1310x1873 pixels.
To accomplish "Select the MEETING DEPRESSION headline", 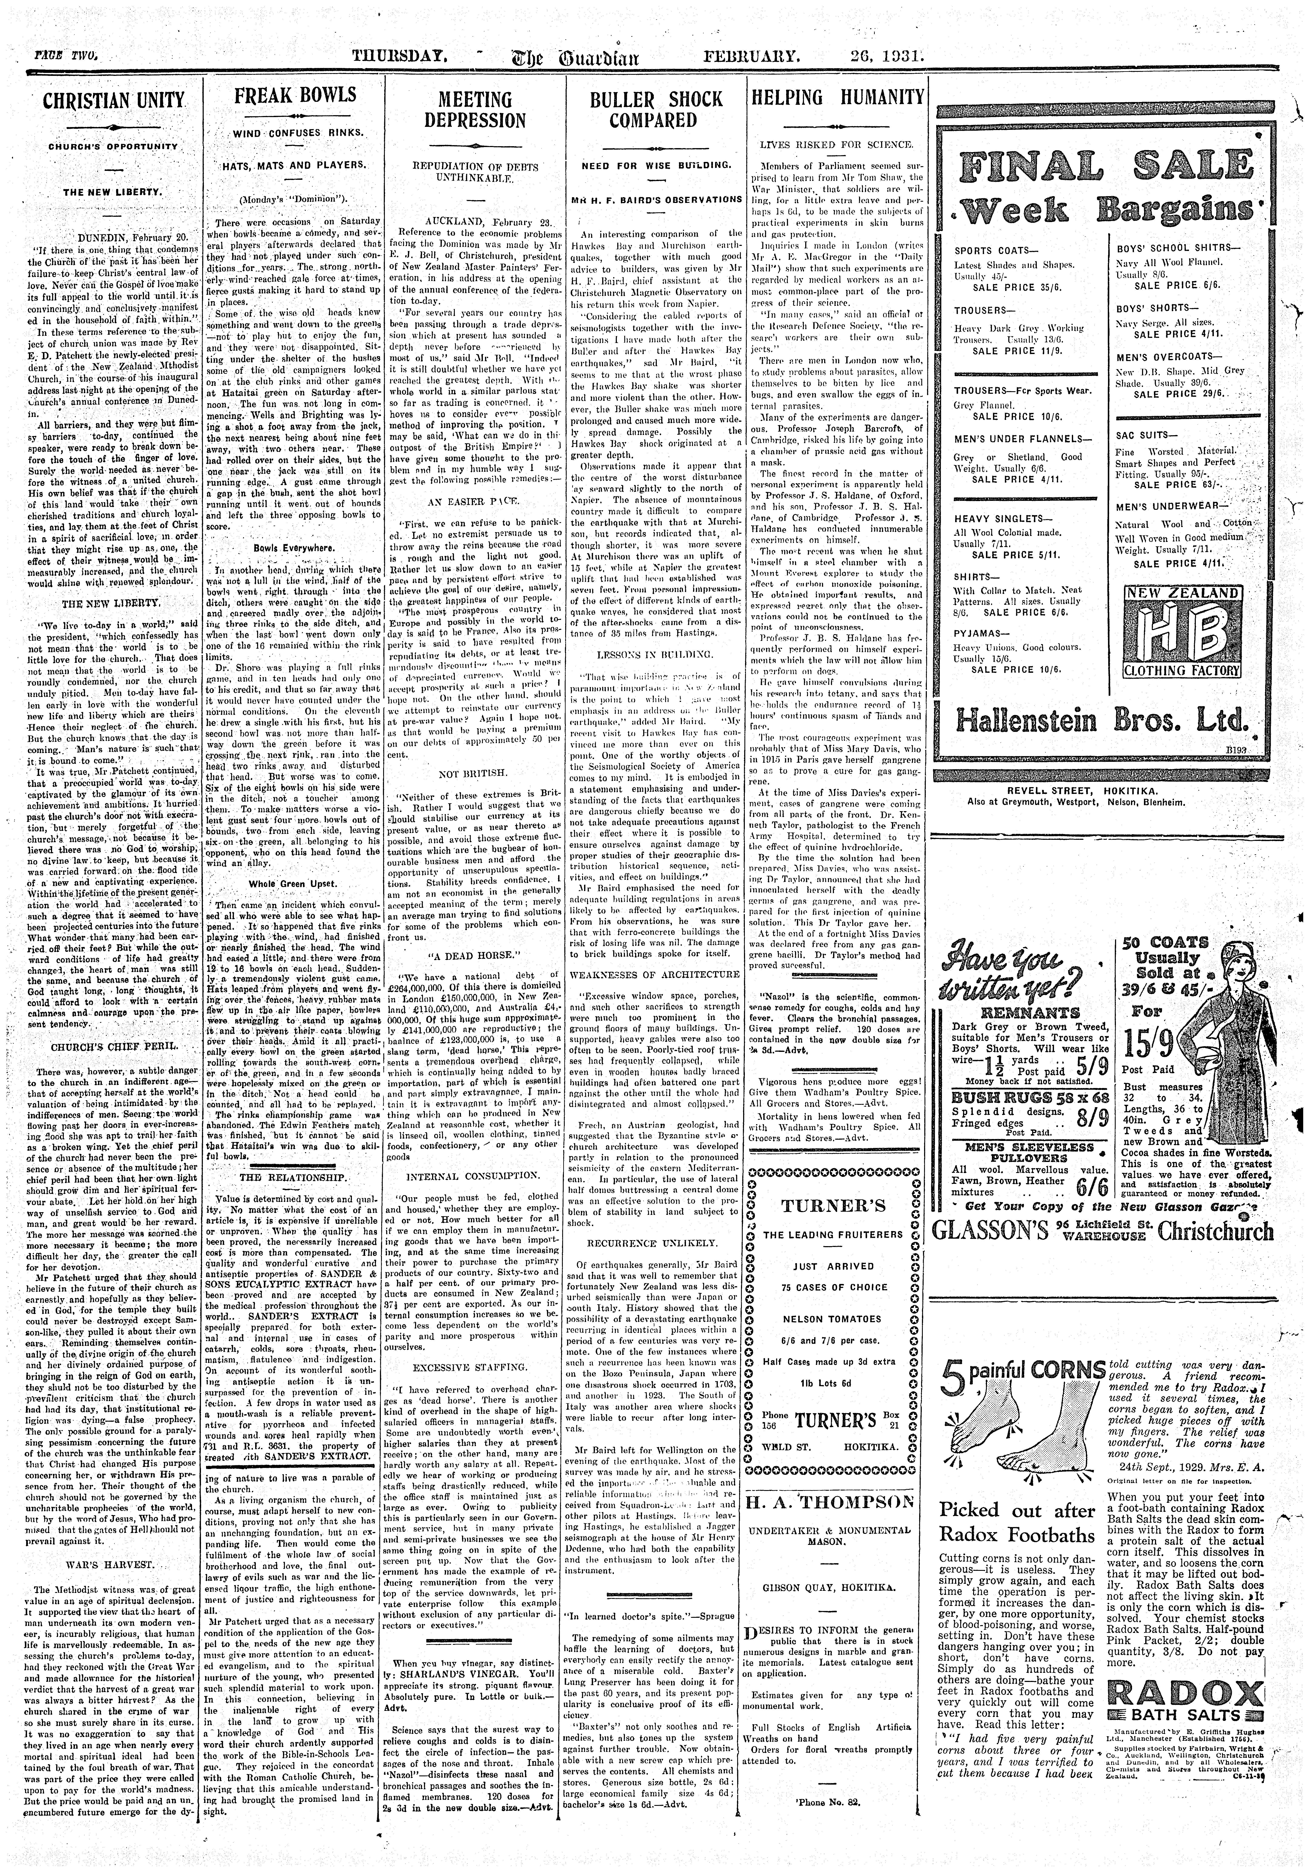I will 475,110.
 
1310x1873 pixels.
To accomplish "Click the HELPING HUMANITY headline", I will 837,98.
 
